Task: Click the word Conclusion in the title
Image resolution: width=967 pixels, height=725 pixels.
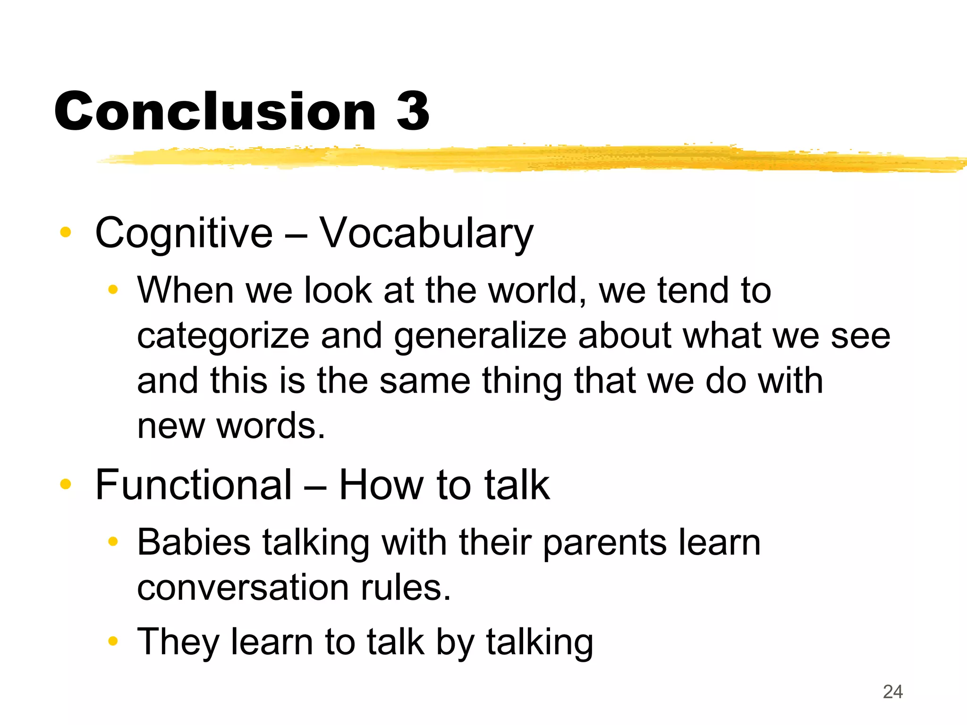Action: [x=215, y=112]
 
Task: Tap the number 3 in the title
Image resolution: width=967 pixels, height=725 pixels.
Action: [x=413, y=112]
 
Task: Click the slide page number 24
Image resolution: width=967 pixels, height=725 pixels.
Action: [x=892, y=692]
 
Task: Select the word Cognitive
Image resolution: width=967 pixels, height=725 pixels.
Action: [x=184, y=234]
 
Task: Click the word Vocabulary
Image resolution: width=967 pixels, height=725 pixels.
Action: [x=426, y=234]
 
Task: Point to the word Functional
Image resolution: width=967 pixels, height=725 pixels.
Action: [x=194, y=485]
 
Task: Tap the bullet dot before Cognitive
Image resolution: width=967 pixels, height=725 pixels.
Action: [x=66, y=232]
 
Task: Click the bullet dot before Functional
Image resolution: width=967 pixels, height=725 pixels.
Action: [x=66, y=484]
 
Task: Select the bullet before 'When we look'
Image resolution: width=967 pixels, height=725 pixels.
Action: [x=112, y=289]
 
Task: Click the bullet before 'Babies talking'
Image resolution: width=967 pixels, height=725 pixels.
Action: [x=112, y=541]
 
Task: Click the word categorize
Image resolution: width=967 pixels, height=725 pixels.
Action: [x=223, y=337]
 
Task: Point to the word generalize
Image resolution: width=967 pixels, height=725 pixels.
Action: [x=480, y=337]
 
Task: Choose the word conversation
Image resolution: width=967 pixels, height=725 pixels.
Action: [x=243, y=588]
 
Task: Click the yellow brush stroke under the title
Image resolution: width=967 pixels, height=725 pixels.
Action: [x=519, y=158]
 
